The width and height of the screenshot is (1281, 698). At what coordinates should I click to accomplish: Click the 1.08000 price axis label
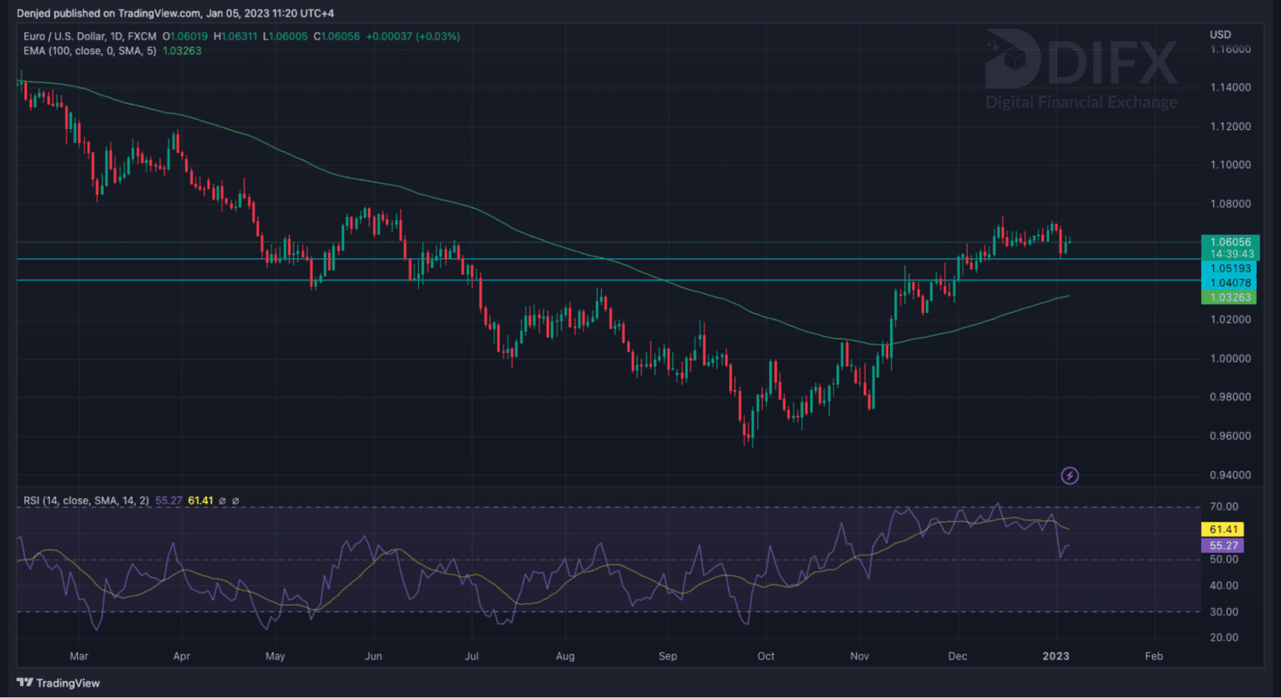coord(1230,204)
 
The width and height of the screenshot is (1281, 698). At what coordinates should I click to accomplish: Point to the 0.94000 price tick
coord(1230,475)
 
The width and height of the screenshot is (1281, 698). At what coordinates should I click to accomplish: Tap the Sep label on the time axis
coord(667,656)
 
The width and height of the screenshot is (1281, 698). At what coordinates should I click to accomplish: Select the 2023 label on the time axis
coord(1055,656)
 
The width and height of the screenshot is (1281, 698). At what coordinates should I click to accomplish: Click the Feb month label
coord(1153,656)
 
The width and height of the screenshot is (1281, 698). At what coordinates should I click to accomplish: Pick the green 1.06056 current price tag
coord(1230,242)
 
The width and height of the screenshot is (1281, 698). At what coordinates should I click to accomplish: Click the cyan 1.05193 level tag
coord(1230,269)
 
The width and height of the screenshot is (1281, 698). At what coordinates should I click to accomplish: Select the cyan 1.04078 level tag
coord(1230,283)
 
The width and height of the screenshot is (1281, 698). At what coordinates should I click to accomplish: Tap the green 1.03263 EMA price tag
coord(1230,297)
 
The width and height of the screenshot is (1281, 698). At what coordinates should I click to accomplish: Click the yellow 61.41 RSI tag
coord(1223,529)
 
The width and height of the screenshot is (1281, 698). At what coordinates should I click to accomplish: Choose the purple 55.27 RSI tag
coord(1223,545)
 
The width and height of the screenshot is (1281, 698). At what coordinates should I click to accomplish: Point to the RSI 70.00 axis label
coord(1223,506)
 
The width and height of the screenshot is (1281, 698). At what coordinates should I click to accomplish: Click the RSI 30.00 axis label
coord(1223,611)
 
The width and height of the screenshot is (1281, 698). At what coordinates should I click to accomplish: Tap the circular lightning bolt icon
coord(1070,476)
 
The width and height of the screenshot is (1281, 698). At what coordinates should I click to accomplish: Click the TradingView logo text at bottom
coord(59,683)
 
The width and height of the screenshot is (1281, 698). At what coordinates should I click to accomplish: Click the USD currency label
coord(1220,35)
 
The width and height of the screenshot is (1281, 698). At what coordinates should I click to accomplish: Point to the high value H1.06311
coord(235,37)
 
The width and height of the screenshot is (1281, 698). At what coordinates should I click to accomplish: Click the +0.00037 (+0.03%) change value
coord(413,37)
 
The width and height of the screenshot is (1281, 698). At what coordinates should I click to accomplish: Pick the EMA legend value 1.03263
coord(182,51)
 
